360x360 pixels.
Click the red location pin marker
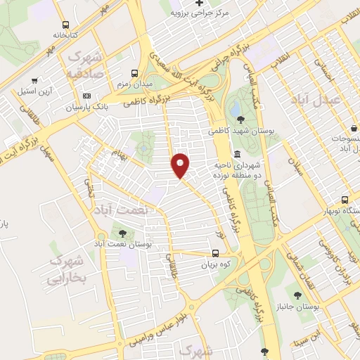[181, 165]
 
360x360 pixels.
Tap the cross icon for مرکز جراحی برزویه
[200, 3]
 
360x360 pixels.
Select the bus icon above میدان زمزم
[134, 72]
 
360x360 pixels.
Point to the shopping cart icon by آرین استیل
[34, 80]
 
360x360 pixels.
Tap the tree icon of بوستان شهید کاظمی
[242, 120]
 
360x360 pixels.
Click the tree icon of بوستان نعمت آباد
[123, 233]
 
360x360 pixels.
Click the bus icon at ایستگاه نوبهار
[345, 200]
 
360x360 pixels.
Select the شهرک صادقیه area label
[89, 65]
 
